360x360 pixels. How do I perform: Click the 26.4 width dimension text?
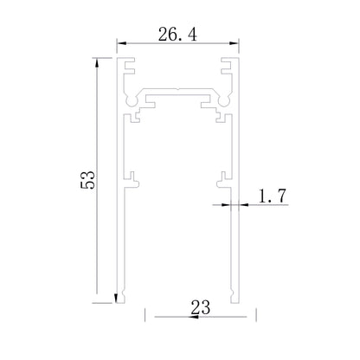(x=177, y=35)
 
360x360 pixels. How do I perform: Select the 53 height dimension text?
(x=87, y=180)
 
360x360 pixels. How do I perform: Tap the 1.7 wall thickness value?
(x=272, y=196)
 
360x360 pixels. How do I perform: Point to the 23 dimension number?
(x=201, y=307)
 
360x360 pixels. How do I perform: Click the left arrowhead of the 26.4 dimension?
(x=121, y=43)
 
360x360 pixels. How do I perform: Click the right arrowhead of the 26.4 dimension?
(x=234, y=43)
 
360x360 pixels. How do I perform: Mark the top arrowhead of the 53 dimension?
(x=97, y=62)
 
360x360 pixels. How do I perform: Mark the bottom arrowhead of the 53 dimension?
(x=116, y=298)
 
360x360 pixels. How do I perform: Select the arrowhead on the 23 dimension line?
(x=194, y=317)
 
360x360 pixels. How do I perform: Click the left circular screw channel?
(x=132, y=101)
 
